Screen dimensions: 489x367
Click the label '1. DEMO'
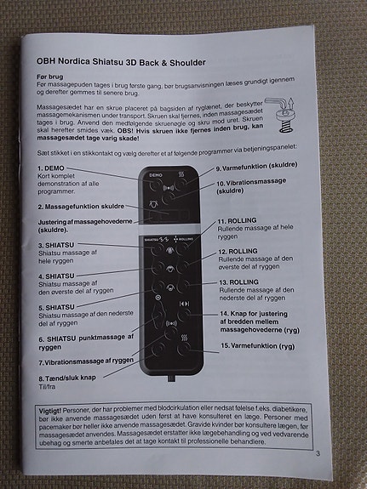coord(55,169)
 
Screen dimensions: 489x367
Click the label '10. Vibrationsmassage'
coord(256,183)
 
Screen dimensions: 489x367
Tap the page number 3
coord(316,453)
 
